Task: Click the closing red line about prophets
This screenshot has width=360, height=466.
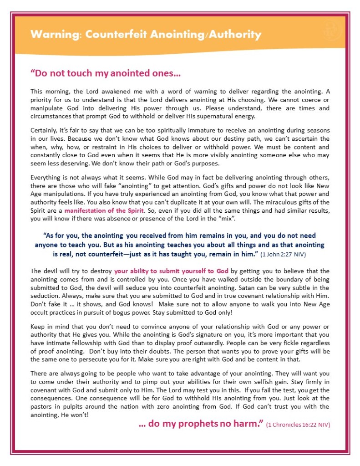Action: pyautogui.click(x=201, y=424)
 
